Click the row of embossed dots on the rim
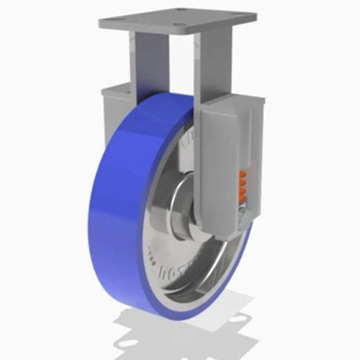click(x=152, y=251)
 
